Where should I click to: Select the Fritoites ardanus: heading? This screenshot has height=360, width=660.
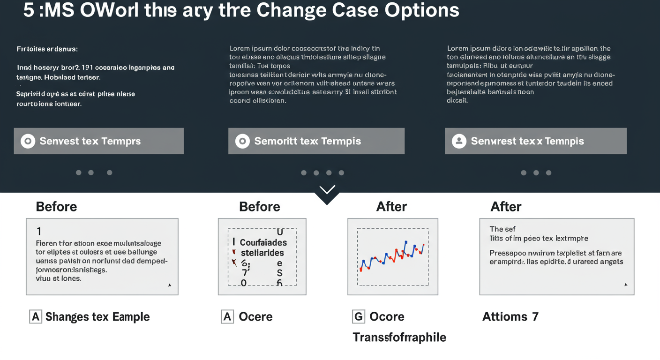click(47, 49)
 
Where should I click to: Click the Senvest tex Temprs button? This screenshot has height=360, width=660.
click(98, 141)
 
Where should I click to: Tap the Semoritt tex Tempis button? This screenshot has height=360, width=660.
click(316, 141)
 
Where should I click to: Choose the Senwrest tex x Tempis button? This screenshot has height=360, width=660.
click(535, 141)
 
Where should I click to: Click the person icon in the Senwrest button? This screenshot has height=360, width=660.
click(459, 141)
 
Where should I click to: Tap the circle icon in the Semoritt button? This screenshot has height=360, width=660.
click(242, 141)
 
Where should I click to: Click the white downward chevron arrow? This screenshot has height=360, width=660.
click(327, 190)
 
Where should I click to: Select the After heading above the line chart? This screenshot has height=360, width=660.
click(391, 207)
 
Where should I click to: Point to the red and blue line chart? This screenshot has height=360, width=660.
click(392, 257)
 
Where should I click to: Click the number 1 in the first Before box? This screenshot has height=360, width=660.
click(39, 231)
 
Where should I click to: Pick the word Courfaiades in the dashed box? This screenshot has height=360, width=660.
click(263, 243)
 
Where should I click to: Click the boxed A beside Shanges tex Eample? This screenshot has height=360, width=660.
click(36, 317)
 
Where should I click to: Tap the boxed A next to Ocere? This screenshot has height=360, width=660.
click(227, 317)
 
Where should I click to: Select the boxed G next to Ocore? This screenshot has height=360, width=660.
click(358, 317)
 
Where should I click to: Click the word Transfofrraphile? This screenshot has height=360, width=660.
click(399, 337)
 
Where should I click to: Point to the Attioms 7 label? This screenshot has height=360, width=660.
click(510, 317)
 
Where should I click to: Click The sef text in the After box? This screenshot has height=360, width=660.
click(502, 229)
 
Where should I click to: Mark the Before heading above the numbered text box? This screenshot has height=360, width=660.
click(56, 207)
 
